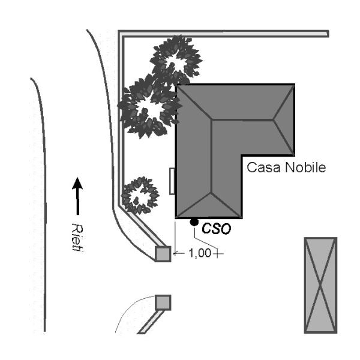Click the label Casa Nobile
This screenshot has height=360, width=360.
[286, 167]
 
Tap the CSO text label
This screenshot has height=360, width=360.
[216, 228]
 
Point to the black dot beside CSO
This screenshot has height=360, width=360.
[194, 223]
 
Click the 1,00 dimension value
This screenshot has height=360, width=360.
[200, 253]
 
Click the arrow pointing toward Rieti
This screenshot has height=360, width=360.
[77, 195]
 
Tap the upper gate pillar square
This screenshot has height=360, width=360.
[163, 254]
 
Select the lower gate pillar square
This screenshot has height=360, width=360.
[163, 302]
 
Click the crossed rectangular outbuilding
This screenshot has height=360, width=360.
[320, 284]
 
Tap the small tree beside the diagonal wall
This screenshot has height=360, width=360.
[140, 195]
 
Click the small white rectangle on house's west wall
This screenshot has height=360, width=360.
[173, 181]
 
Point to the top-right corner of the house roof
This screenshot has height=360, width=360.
[295, 86]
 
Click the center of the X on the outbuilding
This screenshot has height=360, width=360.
[320, 284]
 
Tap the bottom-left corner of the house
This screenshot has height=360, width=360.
[176, 217]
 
